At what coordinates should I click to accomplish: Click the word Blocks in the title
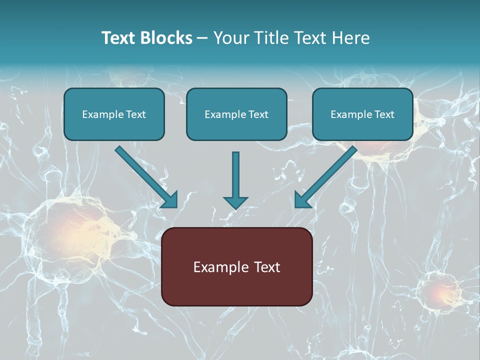[166, 37]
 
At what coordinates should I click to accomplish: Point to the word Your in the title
[231, 37]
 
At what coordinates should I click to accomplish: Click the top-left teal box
[114, 114]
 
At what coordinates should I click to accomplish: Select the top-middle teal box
[236, 114]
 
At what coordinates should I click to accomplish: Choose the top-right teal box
[363, 114]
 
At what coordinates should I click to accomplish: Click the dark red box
[237, 266]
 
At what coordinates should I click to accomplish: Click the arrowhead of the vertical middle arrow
[235, 202]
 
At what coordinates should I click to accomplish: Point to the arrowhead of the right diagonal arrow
[302, 201]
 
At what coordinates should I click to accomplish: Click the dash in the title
[202, 38]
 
